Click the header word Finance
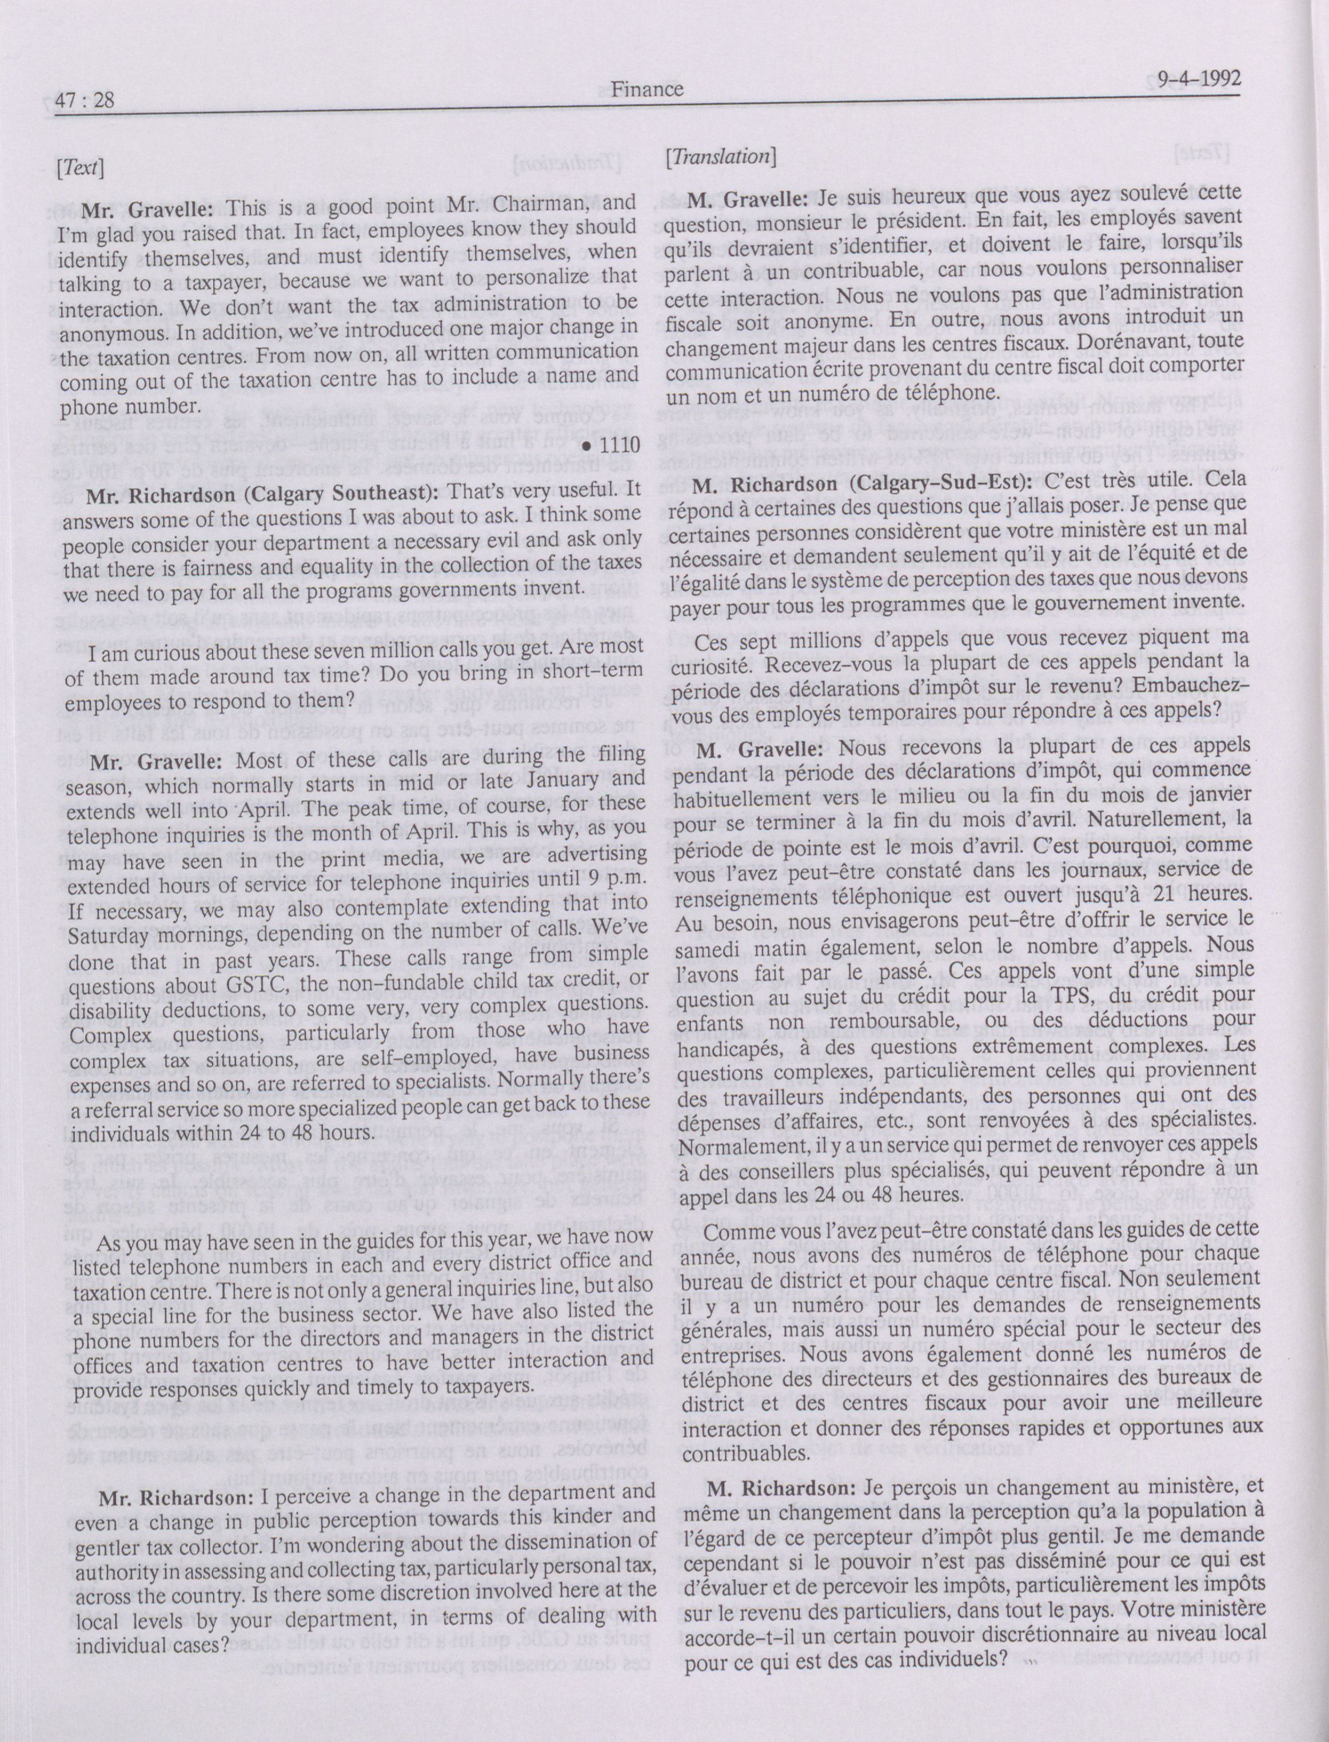tap(647, 89)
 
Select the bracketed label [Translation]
tap(719, 157)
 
